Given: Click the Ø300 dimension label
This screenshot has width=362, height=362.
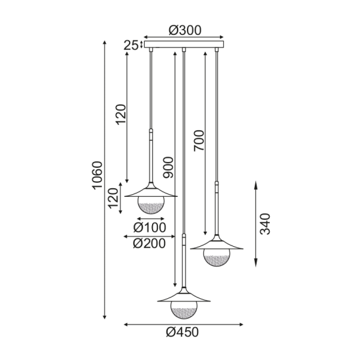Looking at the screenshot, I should point(184,30).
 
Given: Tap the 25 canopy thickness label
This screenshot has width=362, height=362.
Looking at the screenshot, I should point(131,45).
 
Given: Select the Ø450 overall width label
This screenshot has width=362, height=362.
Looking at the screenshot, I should point(184,332).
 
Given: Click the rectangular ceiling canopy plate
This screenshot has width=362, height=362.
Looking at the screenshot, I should point(184,45).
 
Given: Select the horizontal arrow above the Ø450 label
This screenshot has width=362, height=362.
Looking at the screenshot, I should point(184,324).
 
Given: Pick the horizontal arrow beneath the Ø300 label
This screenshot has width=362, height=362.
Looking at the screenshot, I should point(184,38).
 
